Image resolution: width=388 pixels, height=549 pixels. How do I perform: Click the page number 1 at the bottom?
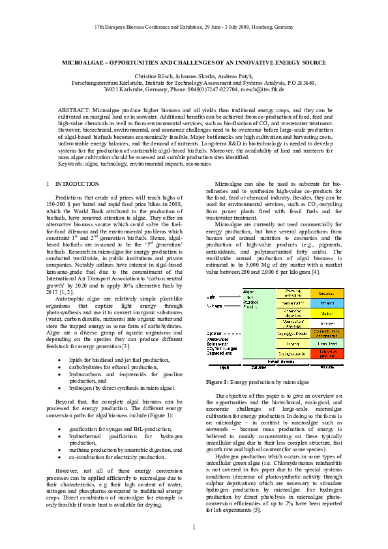pos(194,527)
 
